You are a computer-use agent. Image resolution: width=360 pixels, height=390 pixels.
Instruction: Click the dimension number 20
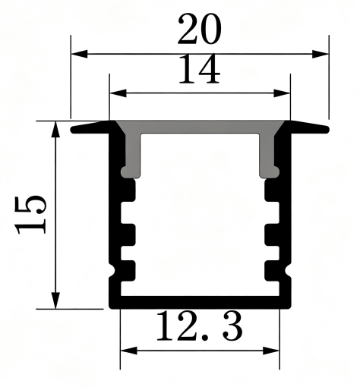click(x=199, y=29)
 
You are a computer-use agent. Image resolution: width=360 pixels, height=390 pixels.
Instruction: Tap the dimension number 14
click(x=199, y=69)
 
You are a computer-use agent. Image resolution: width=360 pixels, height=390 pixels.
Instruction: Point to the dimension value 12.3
click(x=200, y=326)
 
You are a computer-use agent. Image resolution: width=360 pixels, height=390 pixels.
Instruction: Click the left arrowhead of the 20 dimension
click(x=79, y=54)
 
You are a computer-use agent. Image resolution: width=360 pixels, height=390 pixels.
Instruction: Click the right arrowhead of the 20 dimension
click(x=321, y=54)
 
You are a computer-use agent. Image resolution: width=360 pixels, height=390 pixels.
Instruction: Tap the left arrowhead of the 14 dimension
click(x=118, y=93)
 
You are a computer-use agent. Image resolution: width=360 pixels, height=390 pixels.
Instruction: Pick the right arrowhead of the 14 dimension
click(x=282, y=93)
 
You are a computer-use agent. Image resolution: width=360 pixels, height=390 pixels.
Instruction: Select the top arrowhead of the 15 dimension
click(x=55, y=129)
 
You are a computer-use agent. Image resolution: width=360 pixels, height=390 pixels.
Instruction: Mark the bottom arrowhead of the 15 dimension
click(x=55, y=300)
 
